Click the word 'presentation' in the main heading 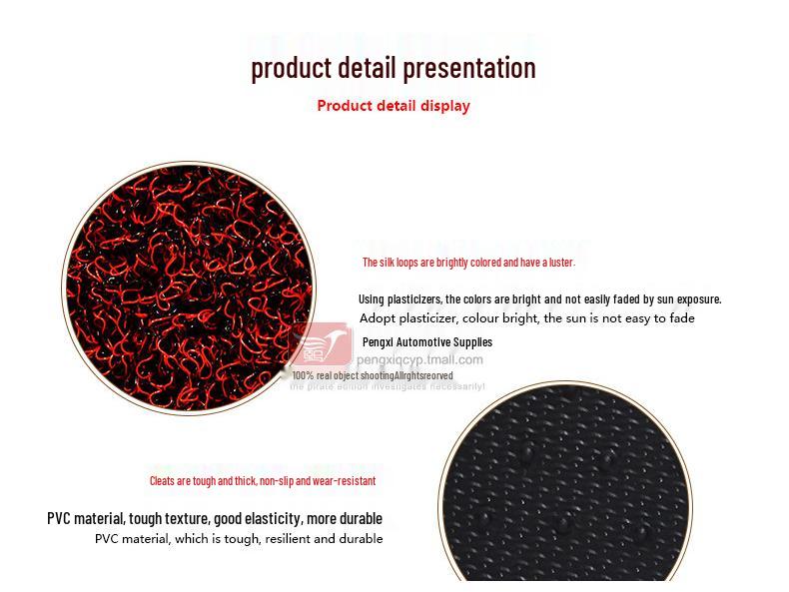pos(467,68)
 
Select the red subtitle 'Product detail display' pos(393,105)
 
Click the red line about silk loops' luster pos(468,263)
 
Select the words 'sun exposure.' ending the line pos(688,298)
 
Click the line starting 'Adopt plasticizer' pos(526,318)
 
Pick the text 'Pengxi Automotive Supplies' pos(426,341)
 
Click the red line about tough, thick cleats pos(262,481)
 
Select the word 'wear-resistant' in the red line pos(345,481)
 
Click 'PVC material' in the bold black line pos(86,518)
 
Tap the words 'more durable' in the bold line pos(345,518)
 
